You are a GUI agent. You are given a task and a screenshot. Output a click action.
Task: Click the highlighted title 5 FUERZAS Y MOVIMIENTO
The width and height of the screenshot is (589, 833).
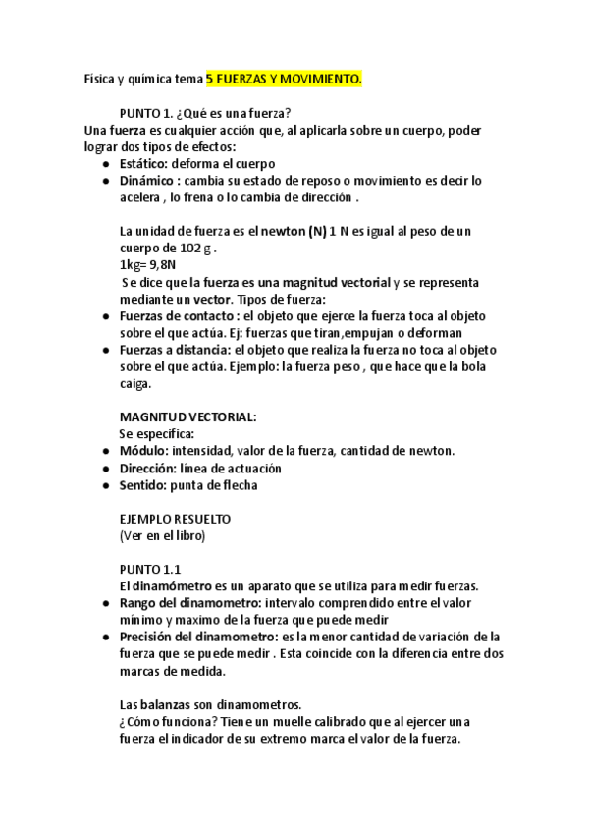click(x=285, y=78)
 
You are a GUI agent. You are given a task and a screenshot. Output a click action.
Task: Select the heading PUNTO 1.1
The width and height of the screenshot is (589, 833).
click(x=150, y=570)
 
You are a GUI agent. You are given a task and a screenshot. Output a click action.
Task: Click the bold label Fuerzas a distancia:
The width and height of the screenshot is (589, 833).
click(x=174, y=350)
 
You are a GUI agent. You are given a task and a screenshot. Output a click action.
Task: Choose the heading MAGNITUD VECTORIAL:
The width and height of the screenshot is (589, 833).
click(x=187, y=417)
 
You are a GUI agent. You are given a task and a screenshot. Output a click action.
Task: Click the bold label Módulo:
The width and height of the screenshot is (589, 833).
click(x=143, y=451)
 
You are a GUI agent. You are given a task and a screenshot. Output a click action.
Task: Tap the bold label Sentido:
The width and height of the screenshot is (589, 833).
click(x=143, y=485)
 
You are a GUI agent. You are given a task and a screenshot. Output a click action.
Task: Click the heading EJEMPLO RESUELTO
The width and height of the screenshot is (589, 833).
click(x=174, y=519)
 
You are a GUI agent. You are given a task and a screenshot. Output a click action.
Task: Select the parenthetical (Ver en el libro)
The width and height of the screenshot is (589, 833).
click(x=162, y=535)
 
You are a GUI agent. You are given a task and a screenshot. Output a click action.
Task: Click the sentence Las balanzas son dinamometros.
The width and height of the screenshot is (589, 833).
click(x=210, y=705)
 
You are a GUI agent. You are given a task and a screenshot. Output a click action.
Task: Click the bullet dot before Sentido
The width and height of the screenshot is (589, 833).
click(x=105, y=485)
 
